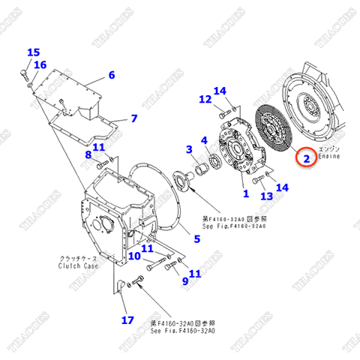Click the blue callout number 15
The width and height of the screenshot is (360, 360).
point(34,52)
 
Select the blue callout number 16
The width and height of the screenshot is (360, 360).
point(40,65)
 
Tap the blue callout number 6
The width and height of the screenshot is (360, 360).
point(111,75)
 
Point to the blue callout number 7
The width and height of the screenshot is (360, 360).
point(133,118)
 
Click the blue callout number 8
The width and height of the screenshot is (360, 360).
point(88,155)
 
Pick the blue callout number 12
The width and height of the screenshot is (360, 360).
point(205,100)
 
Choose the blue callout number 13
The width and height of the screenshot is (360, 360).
point(266,196)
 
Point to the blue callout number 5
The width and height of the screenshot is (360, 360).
point(196,240)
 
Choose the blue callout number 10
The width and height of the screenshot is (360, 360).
point(133,256)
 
